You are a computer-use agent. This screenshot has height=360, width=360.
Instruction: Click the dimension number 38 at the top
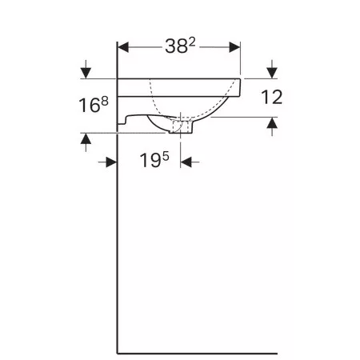tap(176, 46)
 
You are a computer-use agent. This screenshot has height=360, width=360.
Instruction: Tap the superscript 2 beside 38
tap(192, 42)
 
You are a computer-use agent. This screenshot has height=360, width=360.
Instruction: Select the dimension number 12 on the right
tap(272, 97)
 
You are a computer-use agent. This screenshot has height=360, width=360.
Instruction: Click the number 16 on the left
tap(90, 105)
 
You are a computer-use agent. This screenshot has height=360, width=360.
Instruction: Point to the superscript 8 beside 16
tap(105, 101)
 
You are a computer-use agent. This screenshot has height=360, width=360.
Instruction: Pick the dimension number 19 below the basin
tap(150, 160)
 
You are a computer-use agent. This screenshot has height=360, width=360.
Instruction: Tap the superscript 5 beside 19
tap(166, 156)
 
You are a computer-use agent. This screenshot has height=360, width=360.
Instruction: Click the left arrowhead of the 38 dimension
tap(123, 47)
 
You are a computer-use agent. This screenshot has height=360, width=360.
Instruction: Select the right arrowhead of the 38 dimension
tap(234, 47)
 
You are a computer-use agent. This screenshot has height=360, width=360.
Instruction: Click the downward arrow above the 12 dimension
tap(272, 69)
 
